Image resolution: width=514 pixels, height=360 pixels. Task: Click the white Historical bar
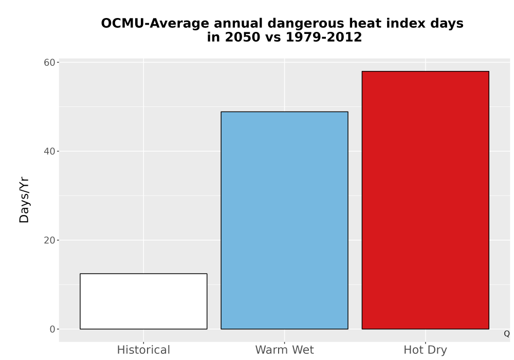143,301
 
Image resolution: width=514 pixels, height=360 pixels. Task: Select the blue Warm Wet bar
285,220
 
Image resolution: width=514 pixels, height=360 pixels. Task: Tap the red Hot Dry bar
426,200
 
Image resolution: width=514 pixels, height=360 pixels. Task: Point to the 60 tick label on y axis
49,62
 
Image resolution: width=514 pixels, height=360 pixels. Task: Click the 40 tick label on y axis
49,151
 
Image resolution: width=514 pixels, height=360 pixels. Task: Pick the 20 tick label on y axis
49,240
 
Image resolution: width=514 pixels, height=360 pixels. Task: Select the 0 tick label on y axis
52,329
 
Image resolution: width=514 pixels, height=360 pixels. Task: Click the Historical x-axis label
143,350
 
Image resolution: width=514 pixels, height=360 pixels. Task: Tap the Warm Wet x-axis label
285,350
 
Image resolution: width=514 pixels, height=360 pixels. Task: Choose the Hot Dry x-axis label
426,350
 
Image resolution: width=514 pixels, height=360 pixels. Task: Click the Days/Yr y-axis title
24,201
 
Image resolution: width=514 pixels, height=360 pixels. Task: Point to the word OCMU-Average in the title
155,24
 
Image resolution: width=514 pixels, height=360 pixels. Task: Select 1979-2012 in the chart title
323,37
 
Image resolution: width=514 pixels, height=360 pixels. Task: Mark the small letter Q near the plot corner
507,334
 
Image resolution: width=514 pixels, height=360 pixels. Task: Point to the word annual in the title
238,24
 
